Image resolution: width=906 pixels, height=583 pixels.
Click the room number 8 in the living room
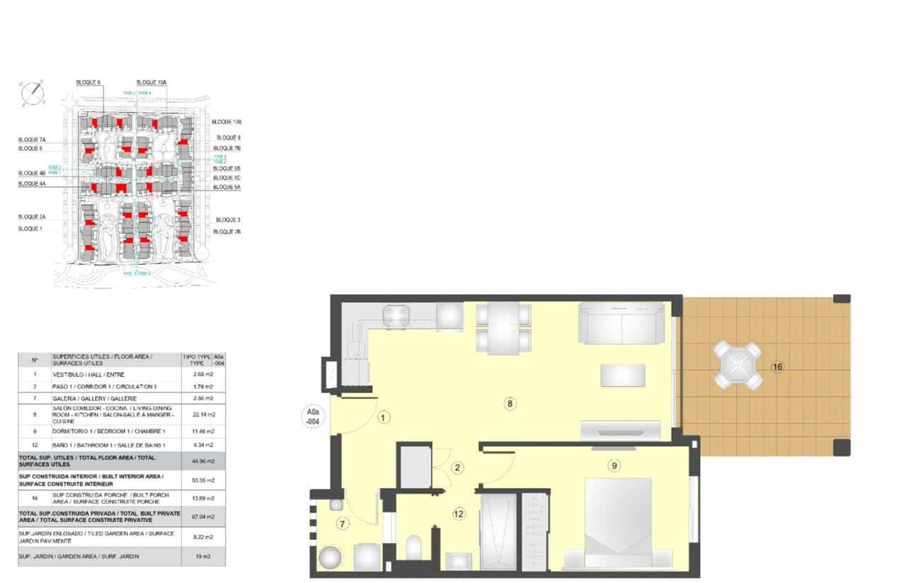(x=510, y=404)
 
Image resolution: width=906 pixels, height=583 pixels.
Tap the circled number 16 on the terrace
(x=777, y=367)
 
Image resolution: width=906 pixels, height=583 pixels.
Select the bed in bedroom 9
(x=618, y=521)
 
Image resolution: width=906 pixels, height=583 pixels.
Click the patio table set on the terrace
(x=738, y=366)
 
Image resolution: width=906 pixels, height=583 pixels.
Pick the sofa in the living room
(x=622, y=323)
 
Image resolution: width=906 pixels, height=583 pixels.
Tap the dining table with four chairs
(x=503, y=327)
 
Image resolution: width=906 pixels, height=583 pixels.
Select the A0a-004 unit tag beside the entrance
(x=311, y=414)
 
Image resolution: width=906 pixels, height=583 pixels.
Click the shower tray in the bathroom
(x=499, y=531)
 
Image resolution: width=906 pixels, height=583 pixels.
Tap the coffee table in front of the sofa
(x=623, y=375)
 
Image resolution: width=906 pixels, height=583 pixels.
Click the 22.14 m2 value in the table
(x=204, y=414)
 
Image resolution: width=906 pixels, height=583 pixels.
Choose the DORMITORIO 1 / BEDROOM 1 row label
(x=108, y=432)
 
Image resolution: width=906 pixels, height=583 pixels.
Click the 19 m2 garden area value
(x=204, y=556)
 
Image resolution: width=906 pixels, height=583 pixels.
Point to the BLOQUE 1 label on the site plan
(x=30, y=229)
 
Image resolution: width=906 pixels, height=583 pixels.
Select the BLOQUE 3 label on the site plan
(x=228, y=220)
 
